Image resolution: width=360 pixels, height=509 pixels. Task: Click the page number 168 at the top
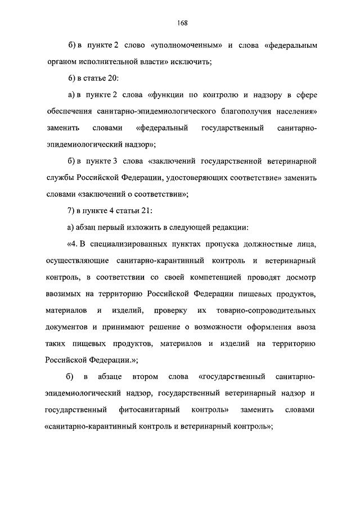click(x=181, y=23)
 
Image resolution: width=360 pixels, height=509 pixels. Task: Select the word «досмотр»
click(x=299, y=277)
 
